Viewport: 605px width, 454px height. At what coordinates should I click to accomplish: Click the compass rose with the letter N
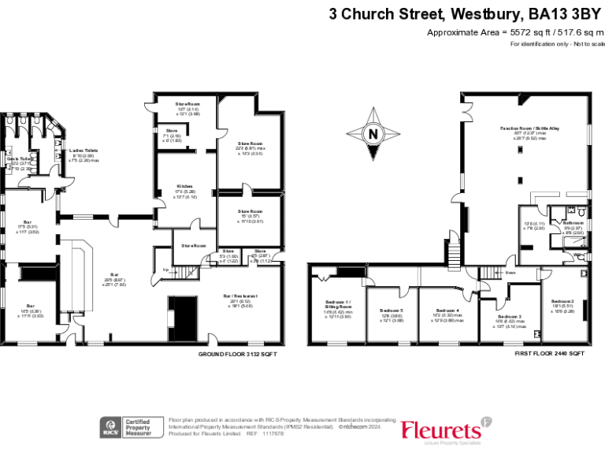(x=373, y=133)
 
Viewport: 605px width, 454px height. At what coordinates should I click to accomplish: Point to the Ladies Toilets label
(x=84, y=150)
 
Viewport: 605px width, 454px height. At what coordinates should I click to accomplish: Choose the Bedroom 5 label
(x=391, y=310)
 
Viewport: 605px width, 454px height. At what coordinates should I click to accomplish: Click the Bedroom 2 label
(x=562, y=302)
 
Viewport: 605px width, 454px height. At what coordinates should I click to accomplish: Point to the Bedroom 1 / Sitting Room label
(x=339, y=305)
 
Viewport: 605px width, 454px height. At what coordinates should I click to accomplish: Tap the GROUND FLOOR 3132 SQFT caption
(x=237, y=355)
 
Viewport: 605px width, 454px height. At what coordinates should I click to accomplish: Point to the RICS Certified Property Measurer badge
(x=132, y=427)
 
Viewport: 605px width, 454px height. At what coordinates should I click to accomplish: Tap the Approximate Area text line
(x=514, y=32)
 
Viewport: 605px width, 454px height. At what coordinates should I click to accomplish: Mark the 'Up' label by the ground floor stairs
(x=165, y=270)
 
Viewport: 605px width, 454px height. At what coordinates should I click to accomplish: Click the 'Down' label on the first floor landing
(x=510, y=273)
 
